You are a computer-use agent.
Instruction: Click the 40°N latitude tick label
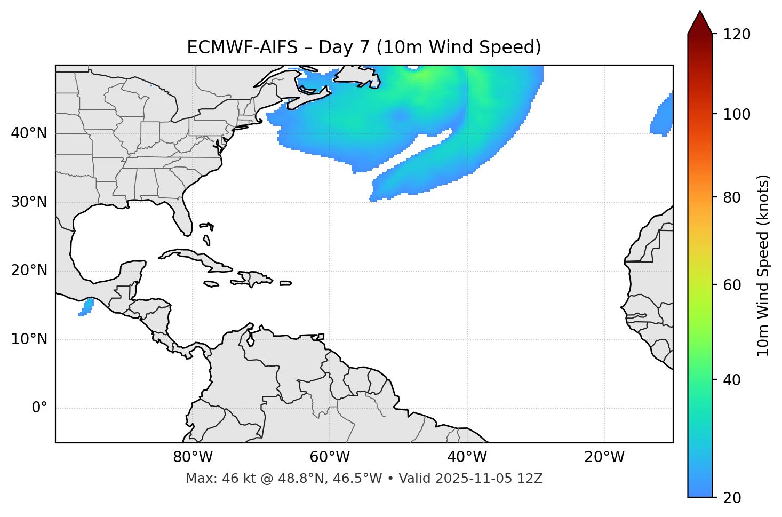coord(29,133)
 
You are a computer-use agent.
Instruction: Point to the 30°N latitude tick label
coord(29,202)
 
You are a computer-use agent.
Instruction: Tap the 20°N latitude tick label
coord(29,271)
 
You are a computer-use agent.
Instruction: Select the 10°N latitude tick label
coord(29,339)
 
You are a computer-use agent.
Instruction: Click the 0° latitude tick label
coord(39,408)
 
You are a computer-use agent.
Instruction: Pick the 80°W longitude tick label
coord(193,457)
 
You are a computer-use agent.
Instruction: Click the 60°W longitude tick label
coord(330,457)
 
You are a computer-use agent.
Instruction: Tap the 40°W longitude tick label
coord(467,457)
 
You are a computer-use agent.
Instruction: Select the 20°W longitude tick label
coord(604,457)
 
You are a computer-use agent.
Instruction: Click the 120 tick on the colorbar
coord(737,35)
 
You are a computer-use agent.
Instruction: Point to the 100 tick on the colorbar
coord(737,114)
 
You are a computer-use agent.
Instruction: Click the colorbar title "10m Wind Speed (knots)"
coord(763,266)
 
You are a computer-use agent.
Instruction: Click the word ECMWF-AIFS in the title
coord(242,47)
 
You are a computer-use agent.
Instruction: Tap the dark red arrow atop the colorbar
coord(700,22)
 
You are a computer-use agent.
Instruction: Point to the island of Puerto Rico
coord(286,283)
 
